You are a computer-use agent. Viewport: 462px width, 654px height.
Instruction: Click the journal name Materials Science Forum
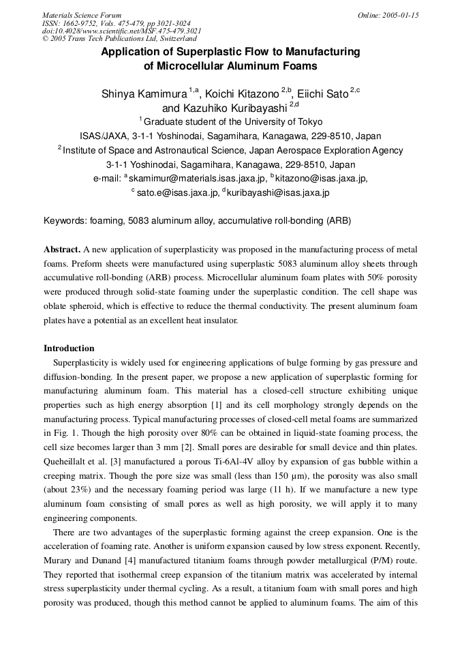[x=82, y=15]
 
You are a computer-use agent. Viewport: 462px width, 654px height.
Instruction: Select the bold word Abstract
[x=61, y=250]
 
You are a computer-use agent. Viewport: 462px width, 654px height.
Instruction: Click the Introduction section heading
[x=69, y=348]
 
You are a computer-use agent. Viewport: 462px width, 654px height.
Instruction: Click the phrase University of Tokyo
[x=279, y=122]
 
